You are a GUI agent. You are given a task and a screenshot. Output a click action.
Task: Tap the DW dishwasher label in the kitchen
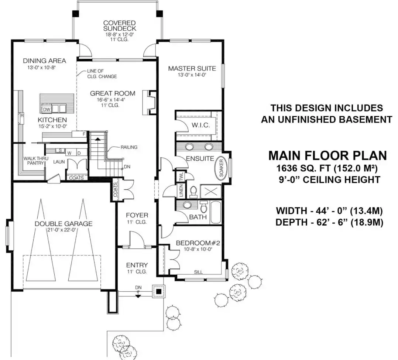pos(47,109)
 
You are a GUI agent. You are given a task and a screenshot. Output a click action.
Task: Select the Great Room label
pos(113,93)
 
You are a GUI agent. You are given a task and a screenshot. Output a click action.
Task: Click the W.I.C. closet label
pos(200,125)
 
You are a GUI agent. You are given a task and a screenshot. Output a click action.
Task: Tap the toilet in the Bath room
pos(204,206)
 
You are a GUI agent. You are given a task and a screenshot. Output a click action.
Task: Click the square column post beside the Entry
pos(159,291)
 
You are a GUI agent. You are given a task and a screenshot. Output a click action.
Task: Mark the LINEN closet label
pos(181,191)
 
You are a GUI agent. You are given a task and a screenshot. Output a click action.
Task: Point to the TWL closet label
pos(181,176)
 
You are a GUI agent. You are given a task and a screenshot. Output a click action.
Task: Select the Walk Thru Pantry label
pos(36,161)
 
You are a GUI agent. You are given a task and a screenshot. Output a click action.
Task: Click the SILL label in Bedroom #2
pos(198,272)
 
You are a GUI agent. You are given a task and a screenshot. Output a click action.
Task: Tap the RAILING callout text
pos(129,147)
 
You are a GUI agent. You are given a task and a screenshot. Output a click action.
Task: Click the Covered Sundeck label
pos(120,25)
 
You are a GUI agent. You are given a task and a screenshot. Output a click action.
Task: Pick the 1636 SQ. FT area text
pos(302,168)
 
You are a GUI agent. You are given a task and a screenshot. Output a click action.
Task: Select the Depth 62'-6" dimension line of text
pos(329,222)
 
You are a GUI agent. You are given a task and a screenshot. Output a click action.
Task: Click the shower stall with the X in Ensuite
pos(211,191)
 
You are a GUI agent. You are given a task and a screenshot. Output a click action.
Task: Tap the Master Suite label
pos(192,68)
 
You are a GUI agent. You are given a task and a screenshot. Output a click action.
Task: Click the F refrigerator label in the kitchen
pos(84,134)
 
